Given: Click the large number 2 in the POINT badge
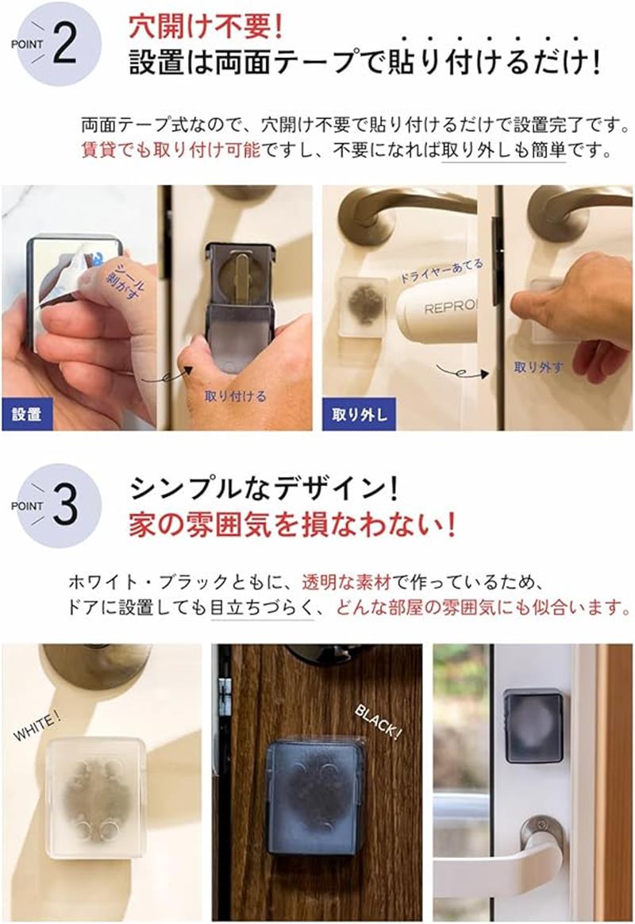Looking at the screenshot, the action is tap(65, 44).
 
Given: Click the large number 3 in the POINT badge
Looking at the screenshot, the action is tap(65, 505).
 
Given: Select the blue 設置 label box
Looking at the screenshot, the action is tap(27, 414).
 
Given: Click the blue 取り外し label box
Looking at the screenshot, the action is tap(359, 414).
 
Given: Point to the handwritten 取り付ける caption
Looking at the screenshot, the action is tap(236, 396).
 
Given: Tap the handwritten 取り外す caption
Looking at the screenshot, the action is tap(538, 368).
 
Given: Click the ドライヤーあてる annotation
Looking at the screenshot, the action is tap(441, 271).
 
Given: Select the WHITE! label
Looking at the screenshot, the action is tap(37, 726).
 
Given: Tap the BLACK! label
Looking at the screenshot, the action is tap(378, 722).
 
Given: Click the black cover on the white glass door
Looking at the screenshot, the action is tap(533, 726).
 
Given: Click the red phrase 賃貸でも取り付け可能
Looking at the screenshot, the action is tap(170, 150).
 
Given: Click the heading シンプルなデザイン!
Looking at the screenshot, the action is tap(264, 488).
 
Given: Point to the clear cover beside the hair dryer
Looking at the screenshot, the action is tap(362, 306).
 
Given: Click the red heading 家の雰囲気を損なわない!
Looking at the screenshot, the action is tap(292, 525).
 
